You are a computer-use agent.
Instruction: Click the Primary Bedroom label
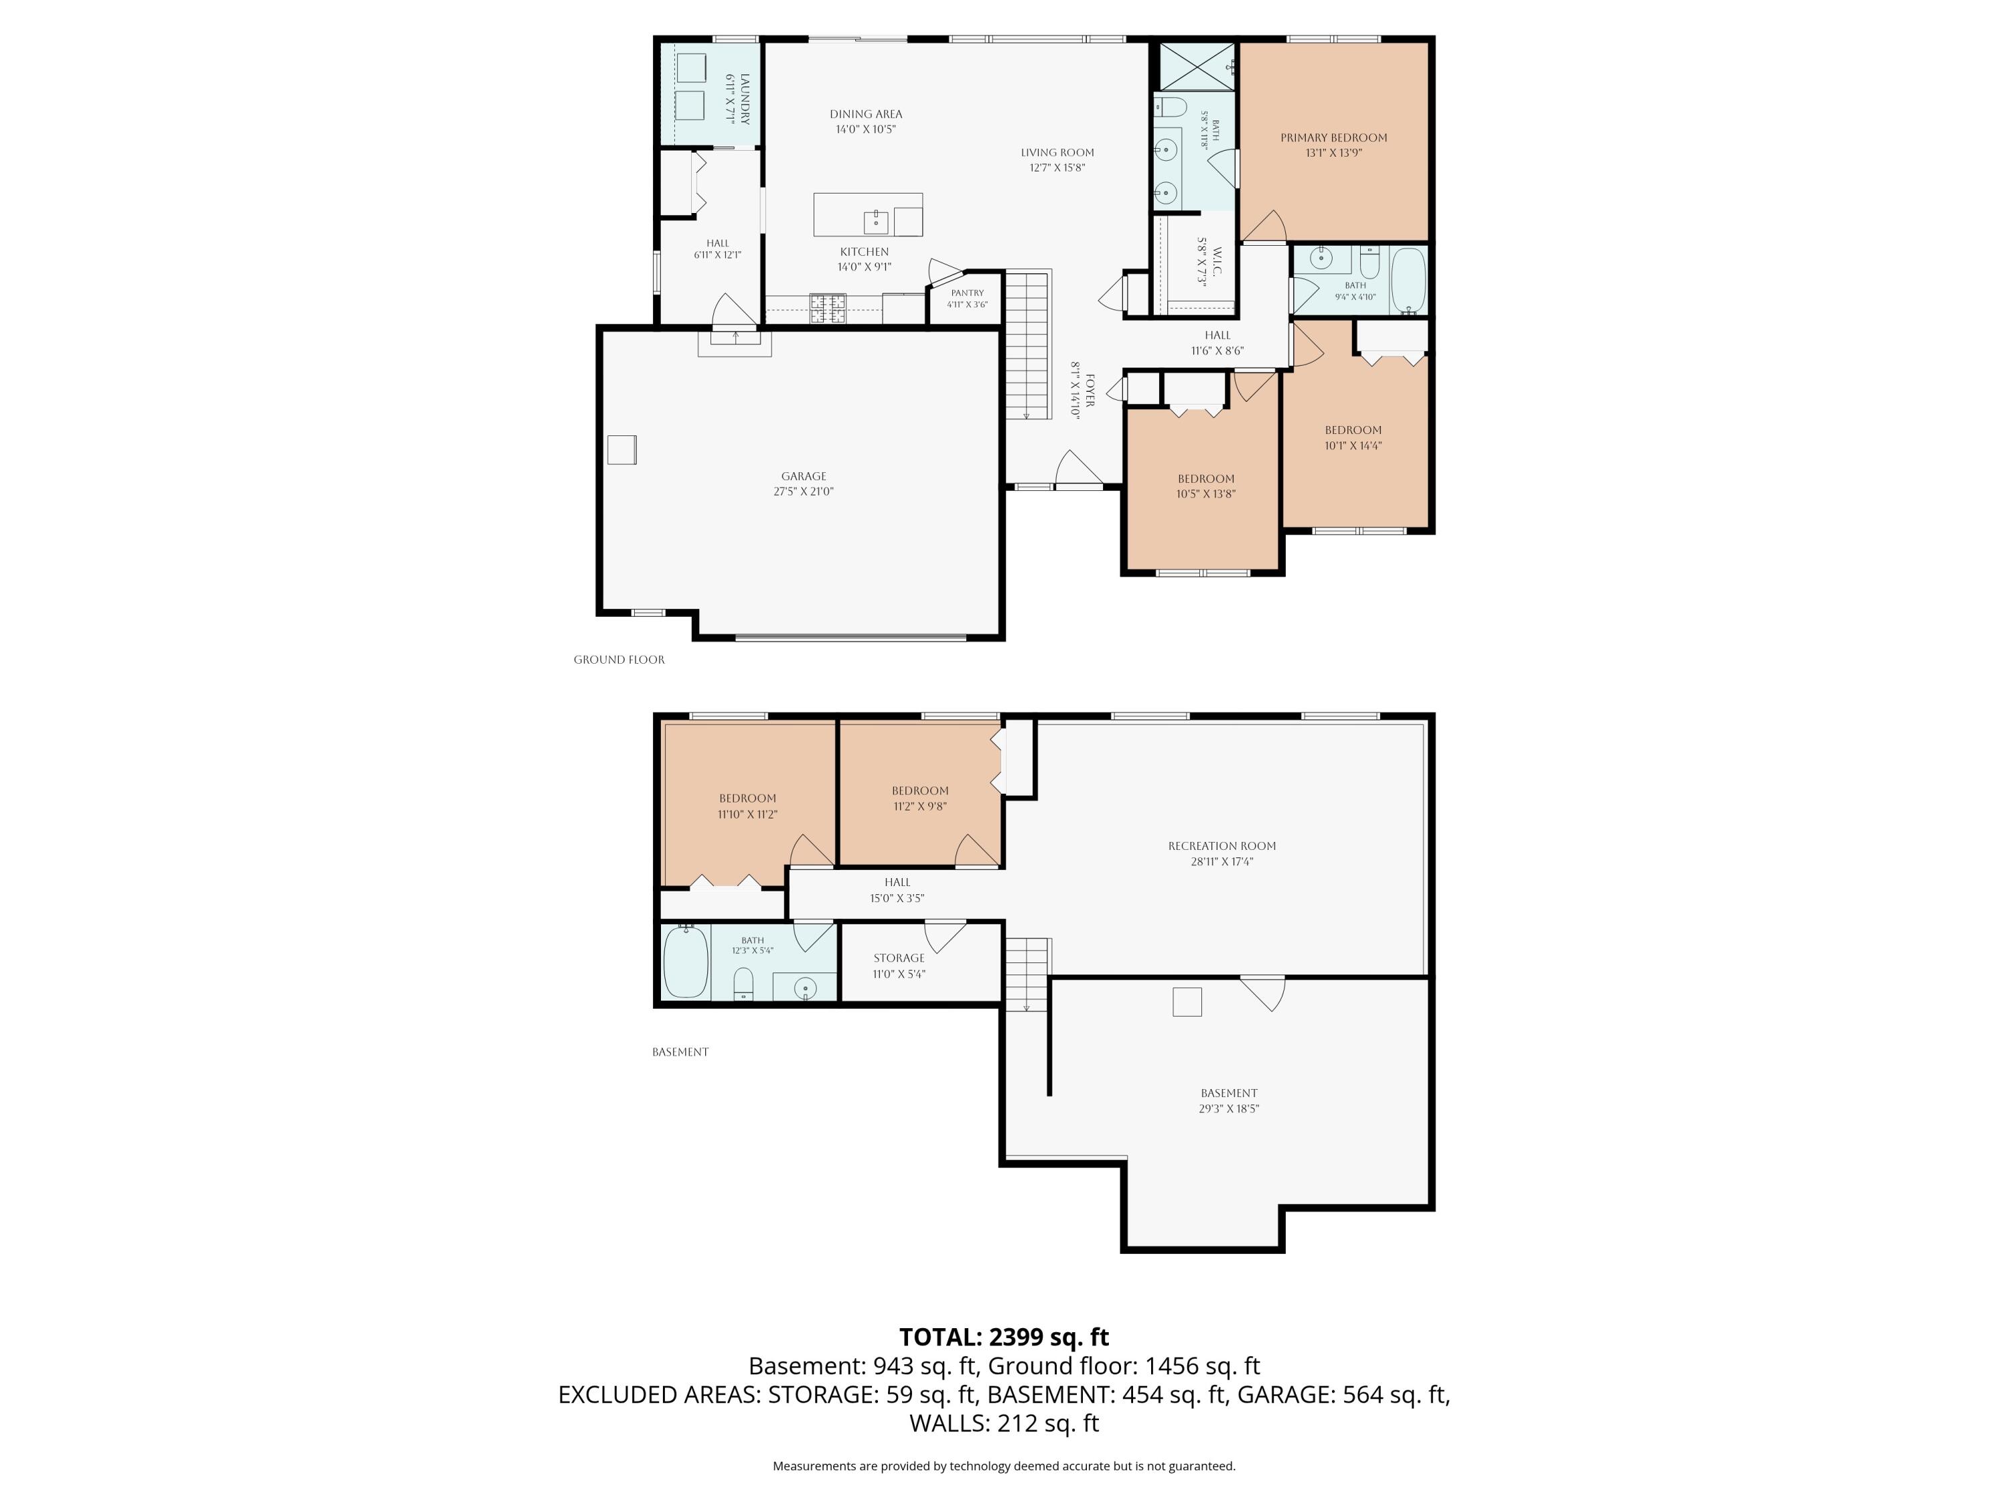tap(1333, 138)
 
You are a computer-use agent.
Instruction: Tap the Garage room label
tap(804, 476)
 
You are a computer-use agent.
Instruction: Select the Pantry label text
tap(967, 293)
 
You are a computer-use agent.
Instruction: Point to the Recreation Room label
tap(1221, 846)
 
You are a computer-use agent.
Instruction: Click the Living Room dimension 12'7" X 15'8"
tap(1057, 167)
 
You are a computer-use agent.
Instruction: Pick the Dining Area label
tap(865, 115)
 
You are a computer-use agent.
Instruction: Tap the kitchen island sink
tap(875, 222)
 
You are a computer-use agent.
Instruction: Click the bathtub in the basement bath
tap(686, 961)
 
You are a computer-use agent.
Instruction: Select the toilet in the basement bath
tap(743, 983)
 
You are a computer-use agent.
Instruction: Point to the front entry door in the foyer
tap(1079, 469)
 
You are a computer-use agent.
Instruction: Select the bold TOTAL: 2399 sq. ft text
tap(1004, 1337)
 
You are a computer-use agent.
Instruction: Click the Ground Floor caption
tap(619, 660)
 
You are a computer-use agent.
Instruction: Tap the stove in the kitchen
tap(828, 309)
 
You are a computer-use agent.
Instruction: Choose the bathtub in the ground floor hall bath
tap(1409, 281)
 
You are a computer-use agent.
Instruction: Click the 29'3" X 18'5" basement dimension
tap(1229, 1108)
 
